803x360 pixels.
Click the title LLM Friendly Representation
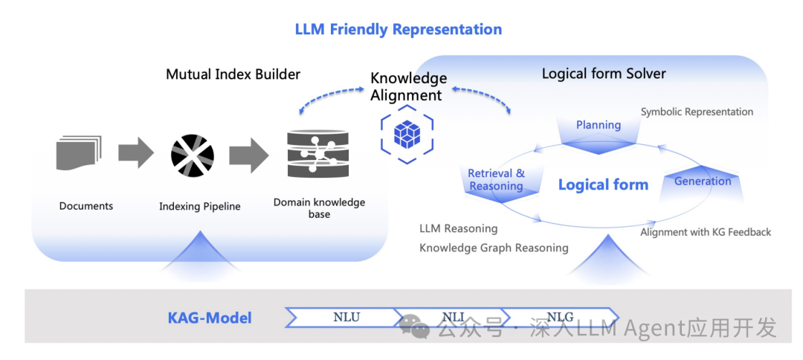point(399,30)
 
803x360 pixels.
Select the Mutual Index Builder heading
point(233,74)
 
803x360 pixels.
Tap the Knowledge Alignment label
point(408,86)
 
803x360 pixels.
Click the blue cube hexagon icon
point(407,133)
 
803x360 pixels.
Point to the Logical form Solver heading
point(604,74)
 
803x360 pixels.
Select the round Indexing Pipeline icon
point(193,155)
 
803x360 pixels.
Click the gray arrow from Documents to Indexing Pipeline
point(135,153)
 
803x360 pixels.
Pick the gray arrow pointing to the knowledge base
point(248,154)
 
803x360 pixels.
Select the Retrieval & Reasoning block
point(496,181)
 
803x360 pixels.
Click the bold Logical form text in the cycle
point(603,185)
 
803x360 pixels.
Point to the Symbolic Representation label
point(697,112)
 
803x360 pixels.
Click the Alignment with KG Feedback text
point(706,232)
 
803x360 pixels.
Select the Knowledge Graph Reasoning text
point(494,248)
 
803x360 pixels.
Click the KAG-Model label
point(210,318)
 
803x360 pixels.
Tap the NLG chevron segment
point(560,318)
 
